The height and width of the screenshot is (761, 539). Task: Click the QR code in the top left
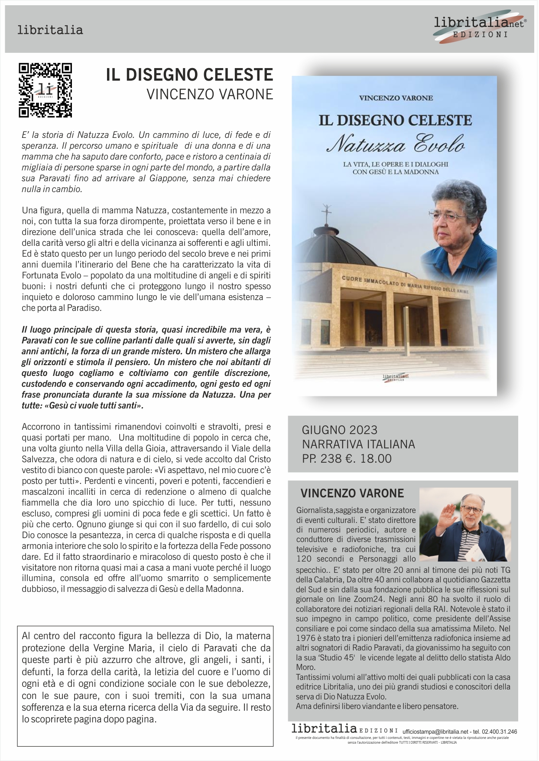pos(45,90)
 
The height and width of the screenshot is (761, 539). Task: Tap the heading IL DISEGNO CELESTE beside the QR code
pos(189,75)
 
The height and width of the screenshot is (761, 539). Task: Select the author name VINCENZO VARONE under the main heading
pos(210,94)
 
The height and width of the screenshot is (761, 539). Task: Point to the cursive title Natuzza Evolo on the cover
pos(395,144)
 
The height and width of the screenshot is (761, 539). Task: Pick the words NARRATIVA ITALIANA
pos(358,444)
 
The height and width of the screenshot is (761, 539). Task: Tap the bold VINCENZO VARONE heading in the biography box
pos(352,493)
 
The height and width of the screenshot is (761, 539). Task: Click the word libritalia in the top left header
pos(50,30)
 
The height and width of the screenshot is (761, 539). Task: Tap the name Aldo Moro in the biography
pos(494,658)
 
